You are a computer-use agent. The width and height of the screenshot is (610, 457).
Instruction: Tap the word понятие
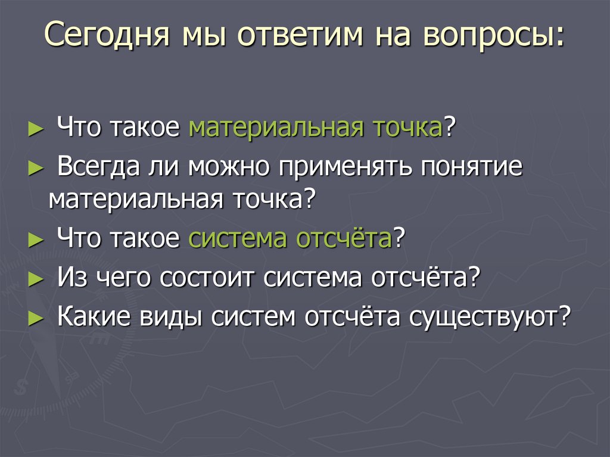(472, 167)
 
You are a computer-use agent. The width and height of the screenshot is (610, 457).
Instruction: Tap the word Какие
(95, 315)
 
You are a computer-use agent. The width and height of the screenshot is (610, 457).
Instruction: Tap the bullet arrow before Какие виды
(36, 316)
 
